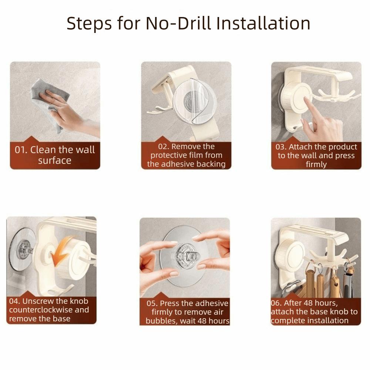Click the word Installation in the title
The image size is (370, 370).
263,23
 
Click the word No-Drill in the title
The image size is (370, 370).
178,23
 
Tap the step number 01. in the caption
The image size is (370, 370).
21,150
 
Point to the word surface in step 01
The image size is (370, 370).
55,161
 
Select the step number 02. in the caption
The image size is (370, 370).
164,147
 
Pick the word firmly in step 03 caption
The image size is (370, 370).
316,165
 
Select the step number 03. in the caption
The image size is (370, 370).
281,147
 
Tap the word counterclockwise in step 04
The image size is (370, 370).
41,310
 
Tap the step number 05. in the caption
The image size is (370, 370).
152,303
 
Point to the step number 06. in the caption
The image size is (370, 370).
276,303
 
